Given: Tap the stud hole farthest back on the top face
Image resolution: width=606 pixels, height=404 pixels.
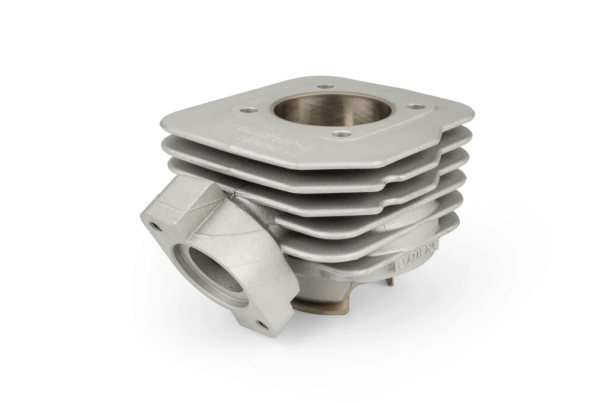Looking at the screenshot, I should (x=323, y=86).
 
